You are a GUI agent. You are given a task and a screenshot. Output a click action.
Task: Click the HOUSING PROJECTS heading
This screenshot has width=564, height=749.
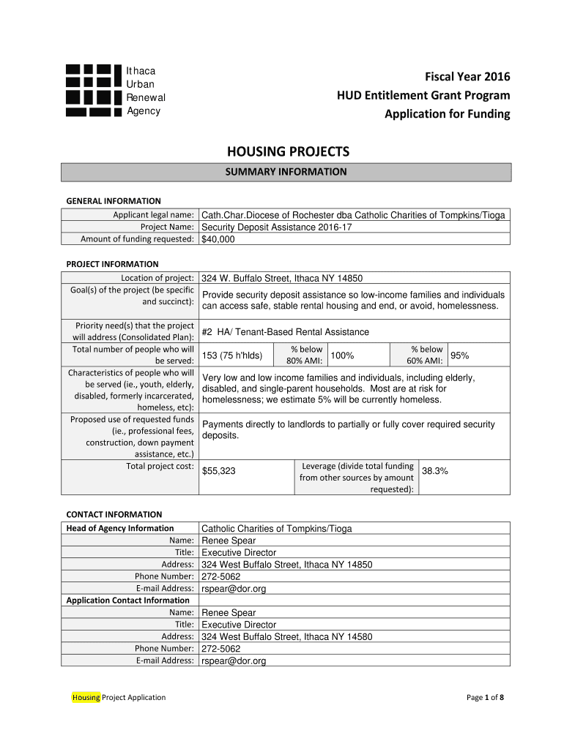pyautogui.click(x=288, y=152)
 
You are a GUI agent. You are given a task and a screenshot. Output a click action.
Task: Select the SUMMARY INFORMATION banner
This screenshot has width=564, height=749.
pyautogui.click(x=286, y=173)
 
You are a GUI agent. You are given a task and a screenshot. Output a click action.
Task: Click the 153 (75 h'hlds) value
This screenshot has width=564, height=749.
pyautogui.click(x=231, y=356)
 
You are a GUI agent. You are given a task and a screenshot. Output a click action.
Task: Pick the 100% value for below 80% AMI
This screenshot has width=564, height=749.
pyautogui.click(x=343, y=355)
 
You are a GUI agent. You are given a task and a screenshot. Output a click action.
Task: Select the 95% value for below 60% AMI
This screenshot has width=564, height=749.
pyautogui.click(x=460, y=355)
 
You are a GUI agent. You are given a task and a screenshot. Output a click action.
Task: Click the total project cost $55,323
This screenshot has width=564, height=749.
pyautogui.click(x=218, y=471)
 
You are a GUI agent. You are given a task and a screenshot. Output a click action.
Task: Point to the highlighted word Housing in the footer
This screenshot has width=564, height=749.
pyautogui.click(x=86, y=697)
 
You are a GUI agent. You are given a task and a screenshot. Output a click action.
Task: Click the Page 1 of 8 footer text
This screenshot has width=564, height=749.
pyautogui.click(x=485, y=697)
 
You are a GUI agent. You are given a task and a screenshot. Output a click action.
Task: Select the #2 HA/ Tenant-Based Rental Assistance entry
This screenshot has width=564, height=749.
pyautogui.click(x=286, y=331)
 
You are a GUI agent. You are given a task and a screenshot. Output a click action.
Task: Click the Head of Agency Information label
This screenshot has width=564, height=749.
pyautogui.click(x=120, y=528)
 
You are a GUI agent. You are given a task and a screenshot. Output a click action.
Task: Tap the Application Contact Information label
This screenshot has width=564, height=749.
pyautogui.click(x=127, y=601)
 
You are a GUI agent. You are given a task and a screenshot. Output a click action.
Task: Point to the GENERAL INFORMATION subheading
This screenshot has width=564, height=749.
pyautogui.click(x=114, y=201)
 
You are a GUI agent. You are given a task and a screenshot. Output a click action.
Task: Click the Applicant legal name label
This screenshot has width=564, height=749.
pyautogui.click(x=152, y=215)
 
